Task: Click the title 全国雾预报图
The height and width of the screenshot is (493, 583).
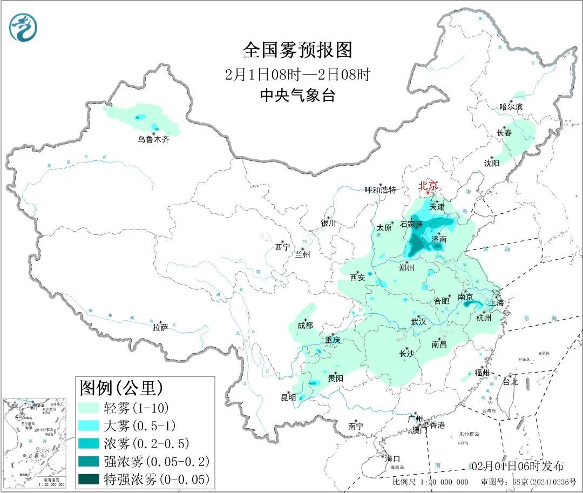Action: (297, 50)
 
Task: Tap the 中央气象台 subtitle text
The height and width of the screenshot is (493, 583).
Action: (297, 96)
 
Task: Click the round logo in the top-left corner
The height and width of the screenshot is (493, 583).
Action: (23, 28)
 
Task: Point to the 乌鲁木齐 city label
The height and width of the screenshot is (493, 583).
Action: (153, 139)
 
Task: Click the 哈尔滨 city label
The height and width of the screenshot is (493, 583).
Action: (511, 107)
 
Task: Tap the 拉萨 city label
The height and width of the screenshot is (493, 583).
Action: (160, 327)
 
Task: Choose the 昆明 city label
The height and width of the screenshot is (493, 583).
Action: (288, 397)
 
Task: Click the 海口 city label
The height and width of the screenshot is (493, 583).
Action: (393, 459)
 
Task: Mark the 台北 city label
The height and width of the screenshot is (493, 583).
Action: (510, 381)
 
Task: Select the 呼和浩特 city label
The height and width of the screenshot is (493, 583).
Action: (380, 190)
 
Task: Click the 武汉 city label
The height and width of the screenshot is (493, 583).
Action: (418, 321)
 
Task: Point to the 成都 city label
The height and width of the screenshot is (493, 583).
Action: (305, 325)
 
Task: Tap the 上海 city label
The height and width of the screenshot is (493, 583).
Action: (496, 303)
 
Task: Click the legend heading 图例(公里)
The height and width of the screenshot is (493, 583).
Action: (121, 387)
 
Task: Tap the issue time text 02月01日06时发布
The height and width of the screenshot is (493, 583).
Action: (517, 466)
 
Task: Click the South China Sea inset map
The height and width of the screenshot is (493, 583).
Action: (35, 443)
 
